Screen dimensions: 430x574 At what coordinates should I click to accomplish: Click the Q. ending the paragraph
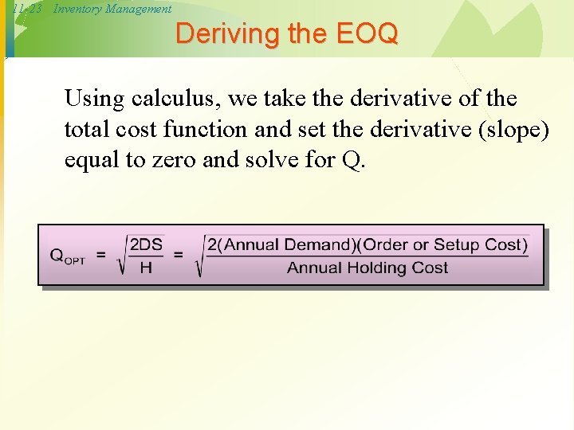tap(353, 159)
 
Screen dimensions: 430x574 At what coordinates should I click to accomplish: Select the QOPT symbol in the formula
tap(67, 256)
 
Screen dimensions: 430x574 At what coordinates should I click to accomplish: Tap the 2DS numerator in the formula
tap(146, 244)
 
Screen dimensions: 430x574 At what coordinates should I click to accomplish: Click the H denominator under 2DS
tap(145, 268)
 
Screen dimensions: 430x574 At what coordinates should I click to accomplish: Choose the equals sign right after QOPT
tap(101, 255)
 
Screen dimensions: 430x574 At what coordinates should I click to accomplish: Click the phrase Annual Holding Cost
tap(367, 268)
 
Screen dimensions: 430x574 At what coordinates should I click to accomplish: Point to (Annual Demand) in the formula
tap(285, 244)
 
